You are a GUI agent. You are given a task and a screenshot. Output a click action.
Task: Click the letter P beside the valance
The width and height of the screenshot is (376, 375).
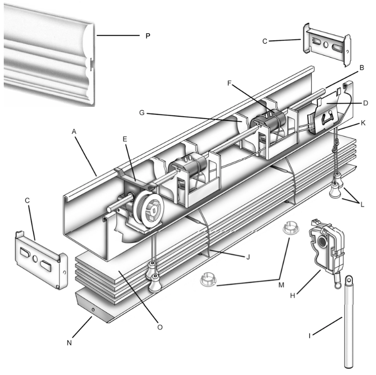point(148,36)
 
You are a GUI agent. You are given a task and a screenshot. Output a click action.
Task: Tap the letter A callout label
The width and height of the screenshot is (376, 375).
point(74,131)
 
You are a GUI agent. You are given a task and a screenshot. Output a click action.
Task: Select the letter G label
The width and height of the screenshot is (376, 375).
point(142,112)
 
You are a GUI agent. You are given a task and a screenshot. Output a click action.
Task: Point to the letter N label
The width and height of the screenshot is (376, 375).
point(69,343)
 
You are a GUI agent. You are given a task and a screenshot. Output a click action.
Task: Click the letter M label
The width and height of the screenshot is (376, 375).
point(281,285)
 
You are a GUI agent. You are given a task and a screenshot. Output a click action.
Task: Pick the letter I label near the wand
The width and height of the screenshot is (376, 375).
point(309,336)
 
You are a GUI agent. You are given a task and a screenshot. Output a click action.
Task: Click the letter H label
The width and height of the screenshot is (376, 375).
point(293,296)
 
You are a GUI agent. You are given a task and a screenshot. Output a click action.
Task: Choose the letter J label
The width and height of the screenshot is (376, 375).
point(248,257)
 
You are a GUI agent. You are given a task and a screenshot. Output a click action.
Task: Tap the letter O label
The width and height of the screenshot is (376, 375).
point(160,327)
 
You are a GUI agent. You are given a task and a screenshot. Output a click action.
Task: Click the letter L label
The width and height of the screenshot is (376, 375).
point(362,204)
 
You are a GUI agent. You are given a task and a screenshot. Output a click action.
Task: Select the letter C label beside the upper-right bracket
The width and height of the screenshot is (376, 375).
point(265,41)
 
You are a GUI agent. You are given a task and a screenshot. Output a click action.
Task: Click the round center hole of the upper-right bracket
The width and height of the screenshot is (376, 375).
point(326,45)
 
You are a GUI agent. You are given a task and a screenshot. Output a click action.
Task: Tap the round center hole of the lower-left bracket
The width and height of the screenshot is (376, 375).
point(35,259)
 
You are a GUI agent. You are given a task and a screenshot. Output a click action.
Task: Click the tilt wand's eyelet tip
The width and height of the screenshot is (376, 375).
point(349,279)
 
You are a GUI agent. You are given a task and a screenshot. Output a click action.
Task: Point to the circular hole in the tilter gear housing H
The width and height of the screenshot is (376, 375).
point(322,242)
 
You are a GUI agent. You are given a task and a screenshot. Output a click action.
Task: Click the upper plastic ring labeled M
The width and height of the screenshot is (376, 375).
point(291,227)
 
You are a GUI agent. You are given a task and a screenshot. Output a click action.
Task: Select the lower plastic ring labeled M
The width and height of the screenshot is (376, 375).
point(208,279)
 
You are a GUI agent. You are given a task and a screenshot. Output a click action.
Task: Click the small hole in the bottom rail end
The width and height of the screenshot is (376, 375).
point(93,310)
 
